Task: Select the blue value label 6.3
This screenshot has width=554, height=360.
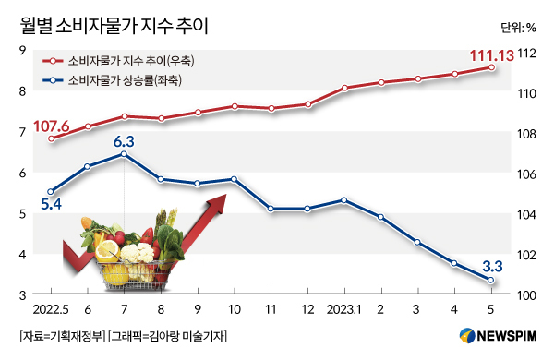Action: click(x=124, y=140)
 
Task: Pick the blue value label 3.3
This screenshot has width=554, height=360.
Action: click(x=491, y=264)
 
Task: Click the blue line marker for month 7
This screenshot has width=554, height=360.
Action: click(x=125, y=154)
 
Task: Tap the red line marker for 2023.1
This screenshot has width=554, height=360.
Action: click(x=344, y=88)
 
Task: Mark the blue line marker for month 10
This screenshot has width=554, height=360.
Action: click(x=235, y=179)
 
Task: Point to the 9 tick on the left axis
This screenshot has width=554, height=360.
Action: click(x=21, y=50)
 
